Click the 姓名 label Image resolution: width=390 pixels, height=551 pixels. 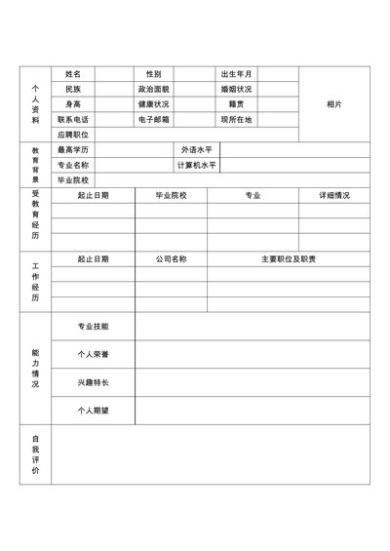pos(73,74)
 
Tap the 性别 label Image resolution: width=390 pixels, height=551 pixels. pos(153,74)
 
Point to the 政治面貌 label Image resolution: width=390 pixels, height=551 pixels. pos(153,89)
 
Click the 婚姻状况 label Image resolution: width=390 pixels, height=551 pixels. pos(236,89)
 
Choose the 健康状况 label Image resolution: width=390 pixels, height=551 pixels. pos(153,103)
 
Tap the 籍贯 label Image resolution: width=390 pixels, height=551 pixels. pos(236,103)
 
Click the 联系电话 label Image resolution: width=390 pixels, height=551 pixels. pos(73,119)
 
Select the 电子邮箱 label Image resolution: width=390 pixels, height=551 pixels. pos(153,119)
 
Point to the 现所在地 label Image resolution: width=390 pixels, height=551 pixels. pos(236,119)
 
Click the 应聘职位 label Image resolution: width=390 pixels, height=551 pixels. pos(73,135)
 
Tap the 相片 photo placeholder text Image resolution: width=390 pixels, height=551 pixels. pos(334,104)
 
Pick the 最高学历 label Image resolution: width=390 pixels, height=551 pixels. pos(73,150)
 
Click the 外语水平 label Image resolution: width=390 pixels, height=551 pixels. pos(196,150)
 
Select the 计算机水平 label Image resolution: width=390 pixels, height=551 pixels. pos(196,165)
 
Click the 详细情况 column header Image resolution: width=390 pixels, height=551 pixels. pos(334,196)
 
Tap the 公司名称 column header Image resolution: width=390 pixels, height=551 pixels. pos(171,259)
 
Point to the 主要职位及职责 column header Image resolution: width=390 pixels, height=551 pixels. pos(289,259)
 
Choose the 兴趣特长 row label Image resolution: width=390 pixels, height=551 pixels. pos(93,382)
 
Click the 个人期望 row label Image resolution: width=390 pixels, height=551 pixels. pos(93,411)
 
